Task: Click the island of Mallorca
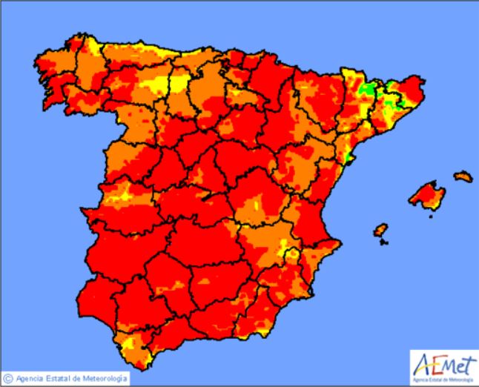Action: (x=428, y=195)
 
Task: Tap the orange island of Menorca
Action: (x=463, y=176)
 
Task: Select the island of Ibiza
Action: (x=380, y=230)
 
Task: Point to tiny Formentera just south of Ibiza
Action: (x=383, y=242)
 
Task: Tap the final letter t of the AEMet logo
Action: (x=466, y=364)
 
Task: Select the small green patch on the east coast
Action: (x=347, y=156)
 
